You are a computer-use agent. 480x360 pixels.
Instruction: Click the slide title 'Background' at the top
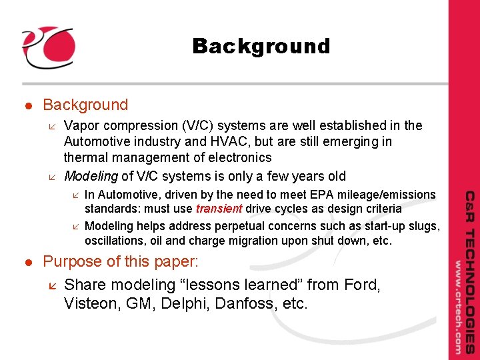pos(261,46)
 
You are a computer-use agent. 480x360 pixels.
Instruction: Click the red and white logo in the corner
pos(47,47)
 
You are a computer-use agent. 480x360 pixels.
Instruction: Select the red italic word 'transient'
pos(220,209)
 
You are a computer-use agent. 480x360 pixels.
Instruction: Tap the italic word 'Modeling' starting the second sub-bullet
pos(91,176)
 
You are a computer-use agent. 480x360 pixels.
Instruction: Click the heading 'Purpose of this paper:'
pos(120,261)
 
